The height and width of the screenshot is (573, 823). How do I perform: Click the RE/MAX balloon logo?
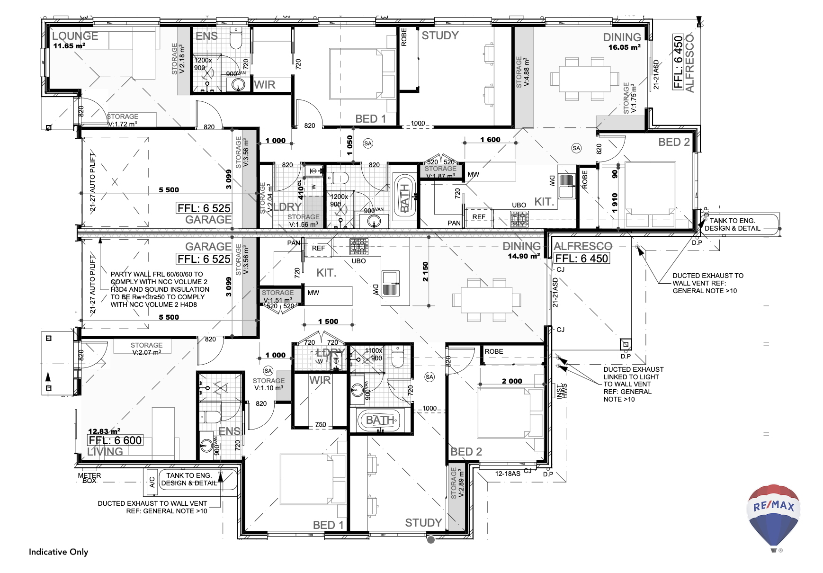tap(774, 516)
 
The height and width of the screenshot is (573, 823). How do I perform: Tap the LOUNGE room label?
tap(75, 36)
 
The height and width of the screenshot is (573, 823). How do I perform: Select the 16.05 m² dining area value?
tap(624, 47)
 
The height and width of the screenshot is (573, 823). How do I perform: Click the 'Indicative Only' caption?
tap(58, 552)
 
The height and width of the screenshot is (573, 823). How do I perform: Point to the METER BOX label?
tap(89, 478)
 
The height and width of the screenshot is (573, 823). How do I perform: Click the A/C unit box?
tap(152, 482)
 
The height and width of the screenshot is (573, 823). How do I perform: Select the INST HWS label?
tap(562, 391)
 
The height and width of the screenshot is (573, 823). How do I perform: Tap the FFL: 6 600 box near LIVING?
tap(115, 440)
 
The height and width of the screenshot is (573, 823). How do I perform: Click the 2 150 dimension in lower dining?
tap(425, 272)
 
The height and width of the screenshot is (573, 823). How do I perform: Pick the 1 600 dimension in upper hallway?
tap(490, 140)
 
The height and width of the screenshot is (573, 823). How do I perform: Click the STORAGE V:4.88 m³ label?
tap(523, 72)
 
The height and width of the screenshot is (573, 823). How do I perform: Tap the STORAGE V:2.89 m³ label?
tap(457, 483)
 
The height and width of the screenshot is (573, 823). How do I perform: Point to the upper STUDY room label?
tap(440, 36)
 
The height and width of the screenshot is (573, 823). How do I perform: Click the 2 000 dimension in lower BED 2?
tap(512, 381)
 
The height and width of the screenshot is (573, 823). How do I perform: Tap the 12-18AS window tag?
tap(508, 474)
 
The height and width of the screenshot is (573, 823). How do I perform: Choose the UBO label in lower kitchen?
tap(358, 261)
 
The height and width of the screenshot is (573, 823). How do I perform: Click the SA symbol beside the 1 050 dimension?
tap(368, 143)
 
